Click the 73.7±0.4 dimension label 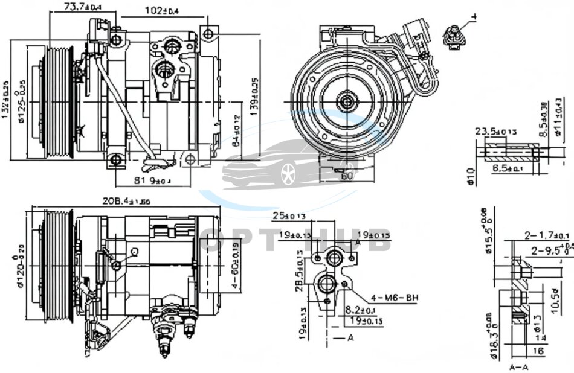pyautogui.click(x=82, y=7)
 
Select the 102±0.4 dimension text pyautogui.click(x=166, y=10)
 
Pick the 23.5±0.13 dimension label pyautogui.click(x=495, y=132)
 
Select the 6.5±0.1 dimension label pyautogui.click(x=506, y=169)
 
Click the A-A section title pyautogui.click(x=518, y=366)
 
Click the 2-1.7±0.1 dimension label pyautogui.click(x=546, y=235)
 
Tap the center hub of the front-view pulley pyautogui.click(x=347, y=101)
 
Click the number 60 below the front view pyautogui.click(x=347, y=177)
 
